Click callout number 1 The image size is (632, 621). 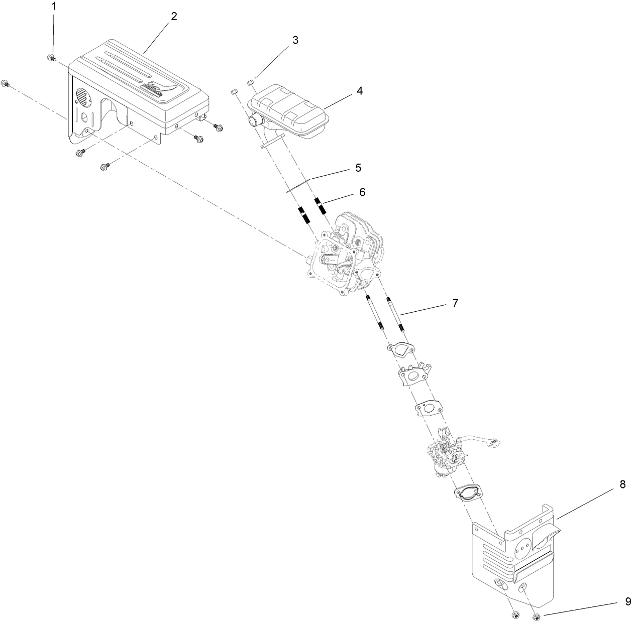[55, 7]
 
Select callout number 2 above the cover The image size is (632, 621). [174, 16]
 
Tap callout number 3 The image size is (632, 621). [295, 41]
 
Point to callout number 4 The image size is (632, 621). [359, 91]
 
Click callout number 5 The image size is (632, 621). [358, 167]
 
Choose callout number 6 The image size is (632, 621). [362, 192]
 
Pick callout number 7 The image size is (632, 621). [455, 303]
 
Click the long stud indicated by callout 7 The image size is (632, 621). [395, 314]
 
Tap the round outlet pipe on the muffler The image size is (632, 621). [254, 122]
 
